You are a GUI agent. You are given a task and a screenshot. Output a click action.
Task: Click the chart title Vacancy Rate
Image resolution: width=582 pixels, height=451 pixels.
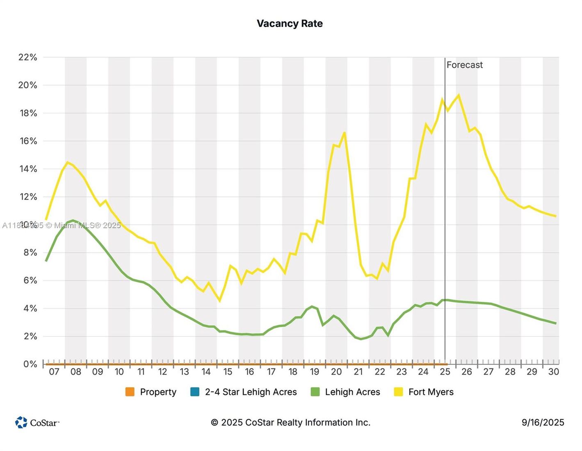pyautogui.click(x=290, y=24)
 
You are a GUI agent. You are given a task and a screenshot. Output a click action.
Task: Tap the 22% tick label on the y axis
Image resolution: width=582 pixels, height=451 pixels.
pyautogui.click(x=27, y=57)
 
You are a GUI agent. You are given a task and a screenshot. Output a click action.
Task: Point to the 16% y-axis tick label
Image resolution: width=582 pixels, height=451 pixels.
pyautogui.click(x=27, y=141)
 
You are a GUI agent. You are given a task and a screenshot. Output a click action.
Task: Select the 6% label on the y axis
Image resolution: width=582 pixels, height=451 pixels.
pyautogui.click(x=30, y=280)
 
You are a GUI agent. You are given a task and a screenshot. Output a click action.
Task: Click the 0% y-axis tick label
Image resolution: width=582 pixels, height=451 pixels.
pyautogui.click(x=30, y=364)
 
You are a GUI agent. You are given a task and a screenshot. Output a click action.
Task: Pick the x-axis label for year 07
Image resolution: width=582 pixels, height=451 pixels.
pyautogui.click(x=54, y=372)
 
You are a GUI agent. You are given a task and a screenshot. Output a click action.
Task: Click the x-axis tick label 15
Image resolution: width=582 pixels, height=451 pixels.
pyautogui.click(x=228, y=372)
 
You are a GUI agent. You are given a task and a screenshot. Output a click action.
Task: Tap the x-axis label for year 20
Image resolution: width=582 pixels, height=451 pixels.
pyautogui.click(x=336, y=372)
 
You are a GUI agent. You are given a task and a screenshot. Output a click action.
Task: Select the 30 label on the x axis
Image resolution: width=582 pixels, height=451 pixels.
pyautogui.click(x=554, y=372)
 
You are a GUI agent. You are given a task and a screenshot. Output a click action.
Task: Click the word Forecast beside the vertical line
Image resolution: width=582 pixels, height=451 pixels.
pyautogui.click(x=464, y=65)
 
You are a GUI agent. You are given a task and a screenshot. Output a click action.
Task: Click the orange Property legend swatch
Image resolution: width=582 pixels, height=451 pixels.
pyautogui.click(x=130, y=392)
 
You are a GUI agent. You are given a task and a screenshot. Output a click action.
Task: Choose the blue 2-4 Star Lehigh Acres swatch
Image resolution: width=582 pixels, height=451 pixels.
pyautogui.click(x=195, y=392)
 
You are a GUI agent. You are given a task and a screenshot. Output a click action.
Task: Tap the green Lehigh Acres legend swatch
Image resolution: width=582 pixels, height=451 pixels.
pyautogui.click(x=315, y=392)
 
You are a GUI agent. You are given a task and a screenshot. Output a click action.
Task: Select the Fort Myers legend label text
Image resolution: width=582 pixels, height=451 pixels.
pyautogui.click(x=431, y=392)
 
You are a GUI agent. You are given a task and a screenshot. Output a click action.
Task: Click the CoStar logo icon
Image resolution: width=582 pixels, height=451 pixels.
pyautogui.click(x=21, y=422)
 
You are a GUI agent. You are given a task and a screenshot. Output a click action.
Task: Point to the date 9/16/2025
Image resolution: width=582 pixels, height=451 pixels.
pyautogui.click(x=543, y=422)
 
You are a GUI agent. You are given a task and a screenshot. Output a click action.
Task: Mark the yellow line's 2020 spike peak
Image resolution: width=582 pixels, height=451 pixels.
pyautogui.click(x=344, y=132)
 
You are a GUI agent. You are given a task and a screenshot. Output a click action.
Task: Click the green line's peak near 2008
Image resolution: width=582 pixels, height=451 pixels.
pyautogui.click(x=73, y=221)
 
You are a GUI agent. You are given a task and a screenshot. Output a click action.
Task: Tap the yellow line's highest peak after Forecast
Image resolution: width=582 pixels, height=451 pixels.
pyautogui.click(x=458, y=95)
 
